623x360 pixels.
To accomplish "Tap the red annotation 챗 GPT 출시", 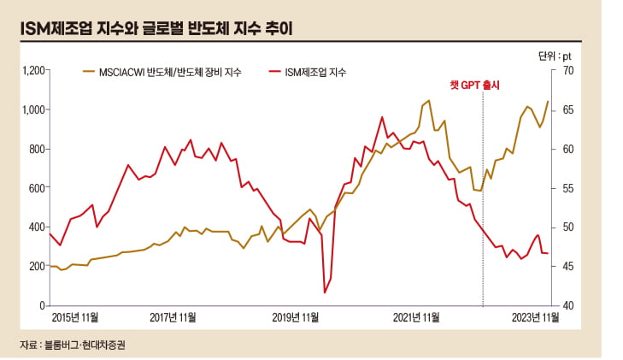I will (474, 86).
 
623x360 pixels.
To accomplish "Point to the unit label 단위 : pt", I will (555, 56).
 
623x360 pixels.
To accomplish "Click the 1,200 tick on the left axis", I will (32, 71).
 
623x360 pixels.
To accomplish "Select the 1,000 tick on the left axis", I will (32, 109).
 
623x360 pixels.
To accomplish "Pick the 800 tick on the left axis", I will (36, 149).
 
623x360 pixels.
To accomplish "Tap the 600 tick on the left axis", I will (36, 188).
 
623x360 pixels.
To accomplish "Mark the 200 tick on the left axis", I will (36, 266).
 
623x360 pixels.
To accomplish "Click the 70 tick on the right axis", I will (567, 71).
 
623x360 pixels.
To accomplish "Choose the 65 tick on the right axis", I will (567, 109).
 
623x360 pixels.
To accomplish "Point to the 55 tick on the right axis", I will (567, 188).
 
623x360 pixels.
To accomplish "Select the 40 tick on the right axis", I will (567, 305).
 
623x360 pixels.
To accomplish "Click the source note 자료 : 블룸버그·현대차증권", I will (77, 345).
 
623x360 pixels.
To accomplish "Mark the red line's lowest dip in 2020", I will (325, 292).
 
